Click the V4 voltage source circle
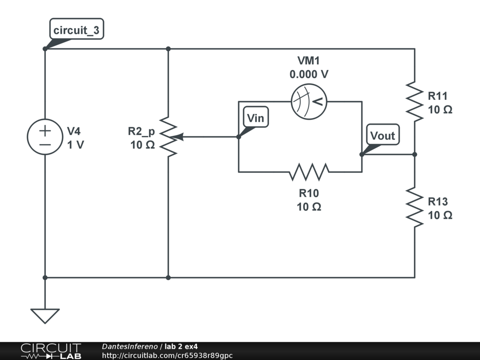tap(45, 137)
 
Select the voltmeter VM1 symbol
tap(309, 102)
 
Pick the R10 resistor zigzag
tap(309, 172)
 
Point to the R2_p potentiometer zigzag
tap(168, 137)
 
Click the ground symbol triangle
tap(45, 315)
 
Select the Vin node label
tap(255, 118)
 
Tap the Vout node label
tap(382, 136)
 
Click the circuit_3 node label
tap(76, 31)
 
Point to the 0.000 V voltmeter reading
tap(309, 74)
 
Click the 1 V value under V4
tap(75, 145)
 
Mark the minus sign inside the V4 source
tap(45, 144)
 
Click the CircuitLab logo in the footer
tap(51, 351)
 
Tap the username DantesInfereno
tap(129, 346)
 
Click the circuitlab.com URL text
tap(167, 355)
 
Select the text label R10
tap(309, 193)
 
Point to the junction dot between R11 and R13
tap(415, 154)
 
